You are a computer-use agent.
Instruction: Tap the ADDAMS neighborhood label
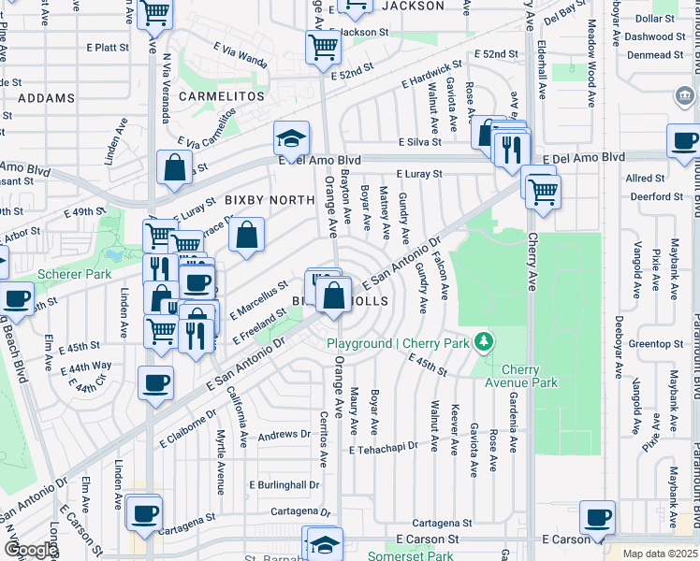pos(46,98)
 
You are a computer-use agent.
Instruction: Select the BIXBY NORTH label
pos(269,200)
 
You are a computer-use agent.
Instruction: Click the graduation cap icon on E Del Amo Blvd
pos(292,138)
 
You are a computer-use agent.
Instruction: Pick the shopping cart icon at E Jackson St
pos(323,45)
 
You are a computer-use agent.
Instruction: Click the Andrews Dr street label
pos(284,435)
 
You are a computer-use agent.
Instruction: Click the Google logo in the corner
pos(31,550)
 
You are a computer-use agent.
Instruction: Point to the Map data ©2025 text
pos(660,554)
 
